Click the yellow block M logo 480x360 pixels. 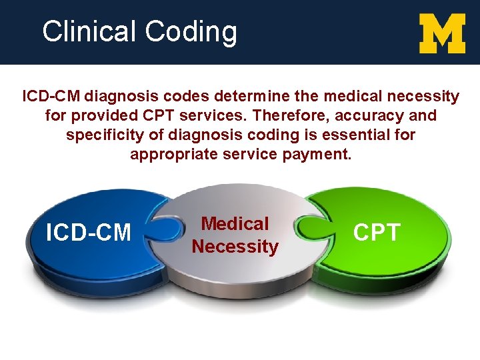pos(442,34)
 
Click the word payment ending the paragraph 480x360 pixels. pos(316,155)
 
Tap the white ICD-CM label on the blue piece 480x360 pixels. pos(88,233)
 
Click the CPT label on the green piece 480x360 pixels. pos(377,232)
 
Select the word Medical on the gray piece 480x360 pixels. pos(235,224)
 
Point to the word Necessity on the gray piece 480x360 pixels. pos(235,247)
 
